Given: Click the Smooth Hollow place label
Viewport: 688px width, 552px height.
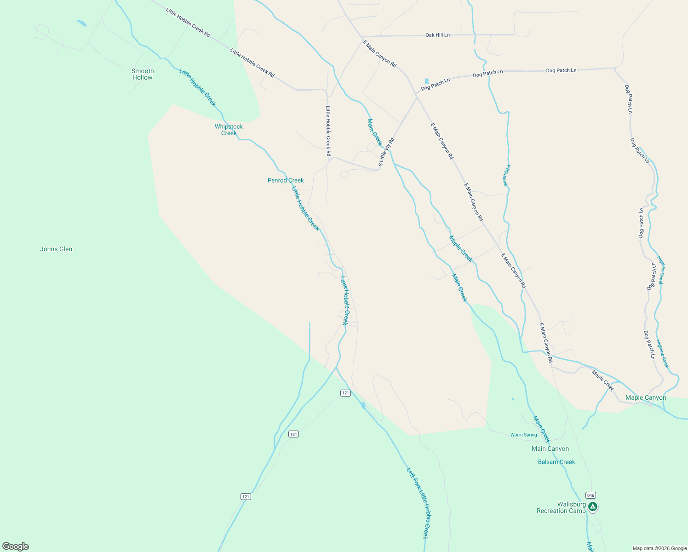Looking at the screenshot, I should click(x=143, y=74).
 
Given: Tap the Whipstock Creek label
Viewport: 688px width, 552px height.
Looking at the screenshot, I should click(x=229, y=130).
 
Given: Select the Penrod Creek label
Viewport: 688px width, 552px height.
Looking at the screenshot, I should click(x=286, y=180).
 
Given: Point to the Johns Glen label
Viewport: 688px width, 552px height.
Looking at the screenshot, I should click(x=56, y=249).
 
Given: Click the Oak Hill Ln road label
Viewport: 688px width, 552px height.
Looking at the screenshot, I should click(x=437, y=35).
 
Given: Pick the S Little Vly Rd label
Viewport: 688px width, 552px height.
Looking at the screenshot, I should click(x=386, y=152).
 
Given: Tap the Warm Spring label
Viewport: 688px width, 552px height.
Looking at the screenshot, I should click(x=523, y=435).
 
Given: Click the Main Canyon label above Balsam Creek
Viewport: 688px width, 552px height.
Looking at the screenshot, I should click(x=550, y=448).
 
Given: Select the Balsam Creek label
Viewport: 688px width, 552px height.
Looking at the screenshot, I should click(x=556, y=462).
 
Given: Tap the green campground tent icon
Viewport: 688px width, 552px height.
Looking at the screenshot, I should click(x=593, y=507).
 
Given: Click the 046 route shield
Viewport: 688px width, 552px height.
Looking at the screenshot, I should click(x=591, y=495).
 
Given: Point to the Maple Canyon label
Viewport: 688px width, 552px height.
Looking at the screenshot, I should click(x=646, y=397).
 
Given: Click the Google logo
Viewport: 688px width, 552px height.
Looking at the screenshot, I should click(x=15, y=546).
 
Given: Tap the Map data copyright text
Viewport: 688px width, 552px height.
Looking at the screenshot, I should click(x=659, y=548).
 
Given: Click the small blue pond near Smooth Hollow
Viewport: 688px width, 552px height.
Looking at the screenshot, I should click(x=81, y=23).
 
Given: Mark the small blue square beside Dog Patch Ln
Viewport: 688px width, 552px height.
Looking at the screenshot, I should click(x=426, y=81).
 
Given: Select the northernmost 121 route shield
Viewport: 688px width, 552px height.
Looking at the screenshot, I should click(x=346, y=393).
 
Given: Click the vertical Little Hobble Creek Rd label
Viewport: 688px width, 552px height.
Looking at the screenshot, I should click(x=328, y=131).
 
